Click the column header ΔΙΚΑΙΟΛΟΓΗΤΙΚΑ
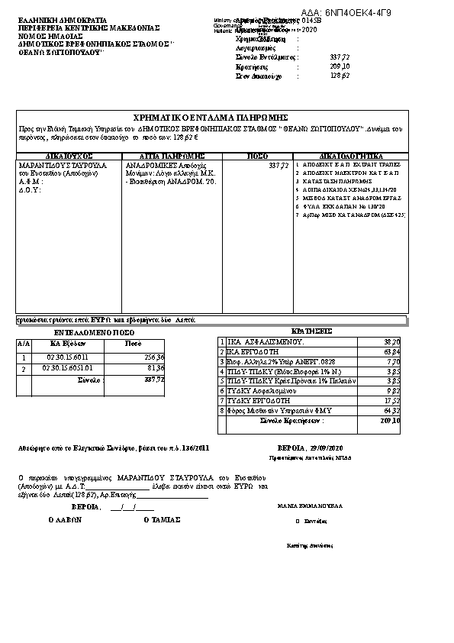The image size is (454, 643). point(350,155)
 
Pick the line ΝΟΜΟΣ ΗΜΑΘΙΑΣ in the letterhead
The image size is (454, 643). point(45,36)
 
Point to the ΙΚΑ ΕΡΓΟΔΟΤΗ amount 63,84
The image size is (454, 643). point(390,351)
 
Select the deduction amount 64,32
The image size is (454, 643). point(390,410)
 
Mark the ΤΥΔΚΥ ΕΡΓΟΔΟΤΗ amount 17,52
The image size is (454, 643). point(390,400)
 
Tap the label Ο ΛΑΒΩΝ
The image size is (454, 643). point(65,519)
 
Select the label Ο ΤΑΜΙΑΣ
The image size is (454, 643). point(162,519)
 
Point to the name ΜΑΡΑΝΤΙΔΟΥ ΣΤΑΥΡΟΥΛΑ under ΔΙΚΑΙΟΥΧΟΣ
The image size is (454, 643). point(63,165)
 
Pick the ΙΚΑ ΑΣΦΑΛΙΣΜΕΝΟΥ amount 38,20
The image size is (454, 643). point(390,341)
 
